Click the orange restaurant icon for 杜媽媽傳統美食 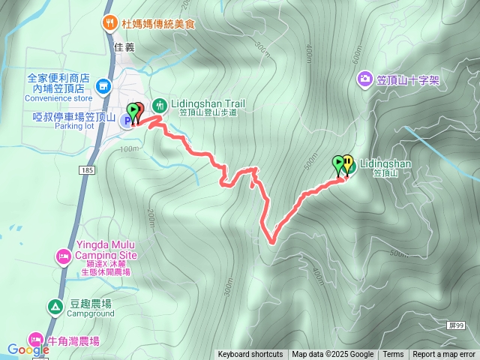pos(109,22)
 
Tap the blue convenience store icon pos(103,87)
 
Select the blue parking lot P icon pos(127,120)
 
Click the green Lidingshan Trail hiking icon pos(159,104)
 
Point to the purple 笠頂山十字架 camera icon pos(364,78)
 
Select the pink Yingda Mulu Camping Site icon pos(64,258)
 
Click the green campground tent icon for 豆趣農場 pos(55,307)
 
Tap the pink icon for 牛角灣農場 pos(35,340)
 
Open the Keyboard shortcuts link pos(250,355)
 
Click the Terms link pos(393,355)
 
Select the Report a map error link pos(444,355)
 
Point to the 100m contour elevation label pos(130,148)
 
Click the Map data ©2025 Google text pos(332,355)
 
